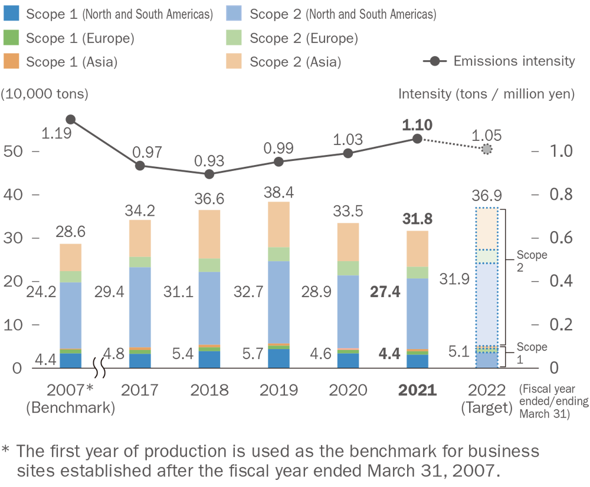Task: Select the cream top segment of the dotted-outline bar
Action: coord(487,227)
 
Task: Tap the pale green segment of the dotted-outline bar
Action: coord(487,257)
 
